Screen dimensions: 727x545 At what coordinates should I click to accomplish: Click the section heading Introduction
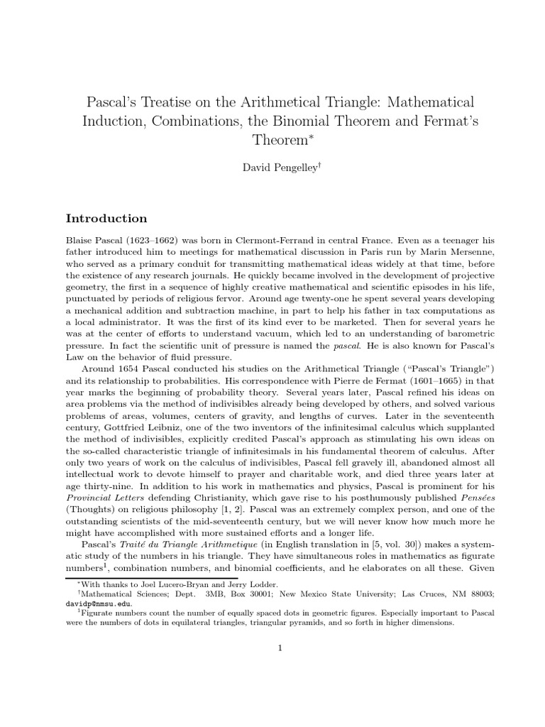(x=106, y=218)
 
